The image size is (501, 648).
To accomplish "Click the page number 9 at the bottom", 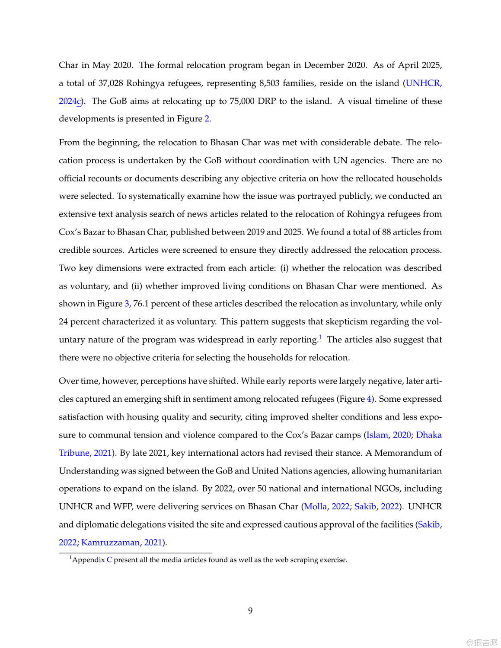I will pos(250,610).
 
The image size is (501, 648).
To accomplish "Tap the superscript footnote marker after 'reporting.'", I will pos(320,337).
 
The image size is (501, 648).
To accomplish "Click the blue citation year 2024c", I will pos(70,101).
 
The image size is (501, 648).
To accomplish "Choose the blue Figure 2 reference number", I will pos(207,119).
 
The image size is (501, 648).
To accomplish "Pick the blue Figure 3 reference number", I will pos(127,304).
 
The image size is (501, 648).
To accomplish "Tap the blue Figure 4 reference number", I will pos(369,399).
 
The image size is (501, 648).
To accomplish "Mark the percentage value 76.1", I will pos(141,304).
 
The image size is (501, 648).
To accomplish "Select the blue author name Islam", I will pos(377,435).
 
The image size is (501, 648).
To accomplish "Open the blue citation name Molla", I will pos(315,506).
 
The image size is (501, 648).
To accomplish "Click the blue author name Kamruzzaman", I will pos(110,543).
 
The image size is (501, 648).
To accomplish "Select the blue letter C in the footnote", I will pos(109,560).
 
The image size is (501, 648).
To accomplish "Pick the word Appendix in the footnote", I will pos(89,560).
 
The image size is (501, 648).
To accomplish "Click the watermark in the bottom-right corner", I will pos(482,642).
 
